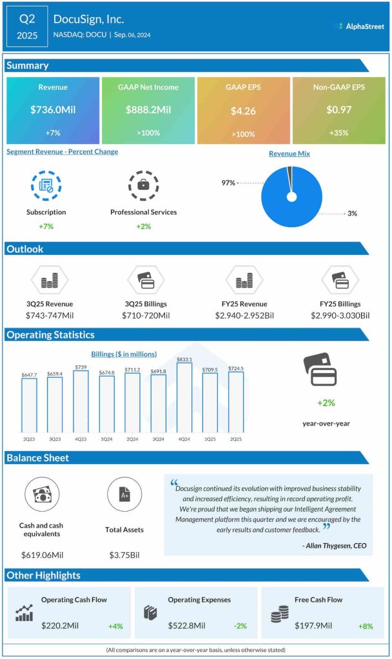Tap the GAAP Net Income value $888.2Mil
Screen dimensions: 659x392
tap(148, 110)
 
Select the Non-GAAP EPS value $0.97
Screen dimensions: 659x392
tap(338, 110)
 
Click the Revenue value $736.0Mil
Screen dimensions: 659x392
tap(53, 110)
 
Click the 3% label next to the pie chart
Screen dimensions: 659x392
tap(352, 213)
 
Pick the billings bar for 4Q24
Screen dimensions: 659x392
tap(184, 397)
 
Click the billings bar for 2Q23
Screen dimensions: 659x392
tap(29, 405)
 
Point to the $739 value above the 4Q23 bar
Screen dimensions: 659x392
tap(81, 366)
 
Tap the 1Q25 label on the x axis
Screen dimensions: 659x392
tap(210, 440)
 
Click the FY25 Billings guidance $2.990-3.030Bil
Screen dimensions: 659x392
tap(340, 315)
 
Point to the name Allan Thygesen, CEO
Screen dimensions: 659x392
tap(335, 546)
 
